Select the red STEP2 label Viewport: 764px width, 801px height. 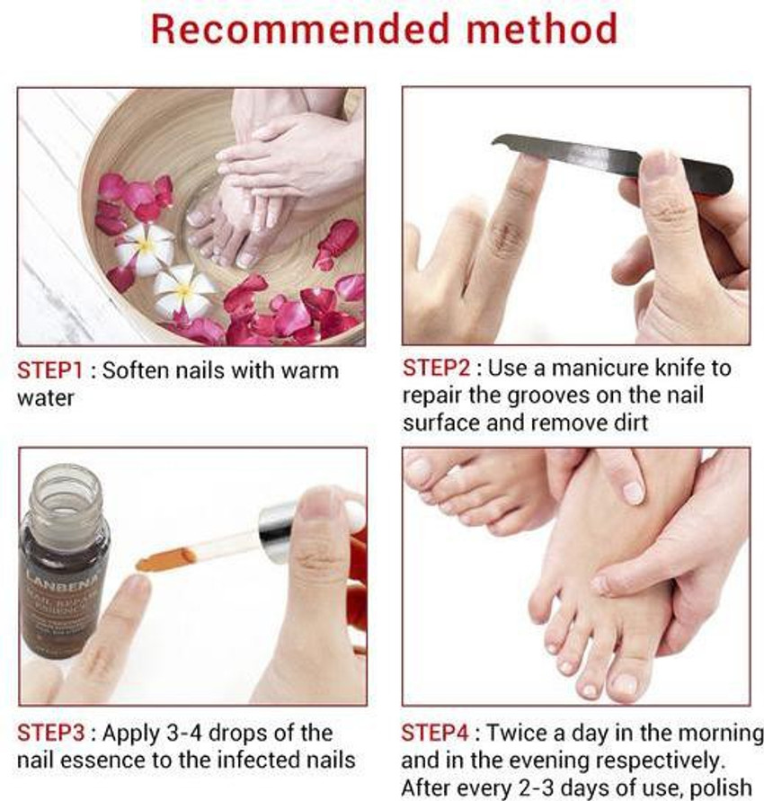pos(440,368)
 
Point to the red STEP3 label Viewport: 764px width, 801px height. pos(55,733)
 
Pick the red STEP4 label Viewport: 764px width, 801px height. pos(440,733)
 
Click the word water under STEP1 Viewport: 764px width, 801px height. pos(46,397)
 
